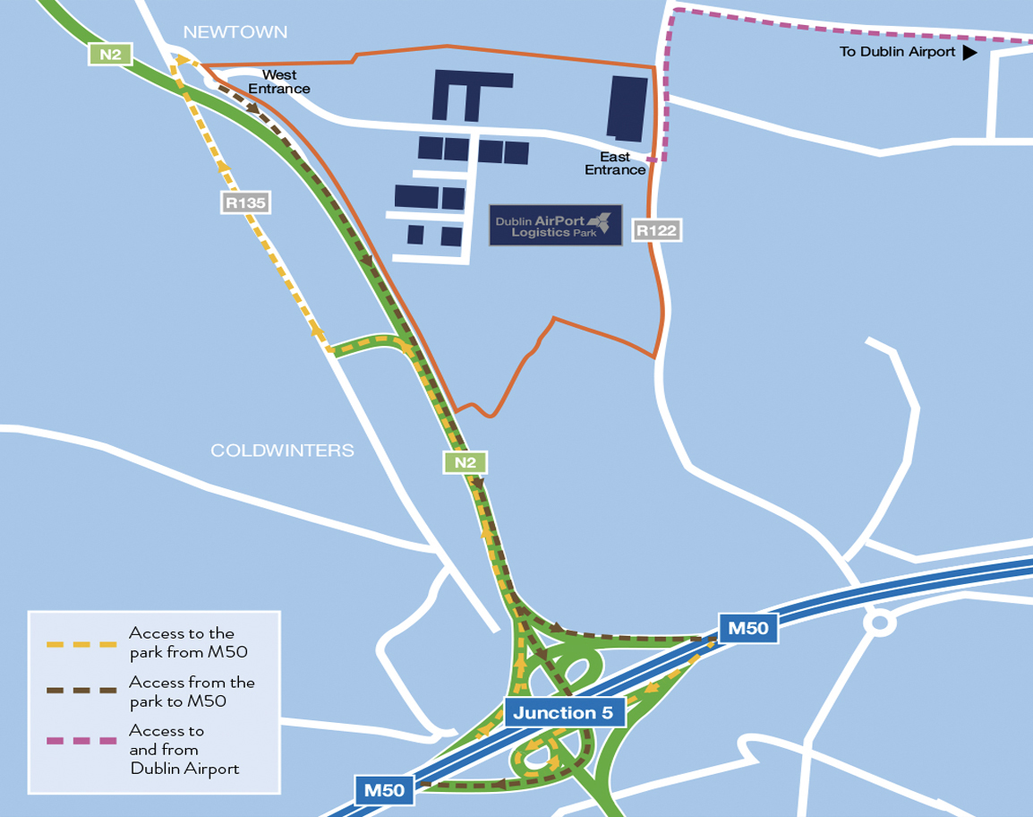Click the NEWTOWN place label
[235, 32]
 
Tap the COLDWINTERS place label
[282, 450]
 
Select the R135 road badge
[245, 203]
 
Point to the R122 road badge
[657, 230]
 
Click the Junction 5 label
[563, 713]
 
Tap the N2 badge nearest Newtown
[110, 55]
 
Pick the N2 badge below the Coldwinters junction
[465, 462]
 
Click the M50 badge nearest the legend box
[385, 790]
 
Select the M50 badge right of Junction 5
[747, 628]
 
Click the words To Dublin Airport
[897, 52]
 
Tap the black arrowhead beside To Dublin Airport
[969, 52]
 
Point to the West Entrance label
[279, 82]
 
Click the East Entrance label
[615, 163]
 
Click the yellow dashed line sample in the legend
[82, 643]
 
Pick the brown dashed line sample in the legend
[82, 691]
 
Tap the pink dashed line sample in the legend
[82, 741]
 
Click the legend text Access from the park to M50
[192, 691]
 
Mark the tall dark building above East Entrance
[628, 108]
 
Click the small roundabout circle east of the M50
[879, 622]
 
